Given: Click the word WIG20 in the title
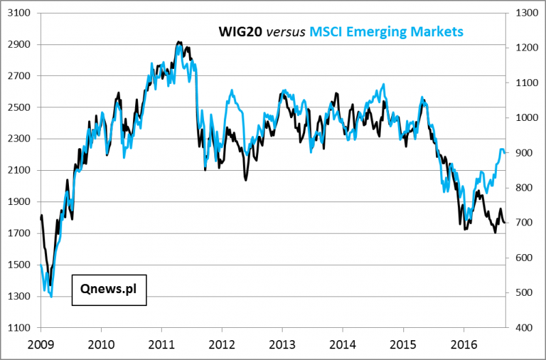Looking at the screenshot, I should (x=240, y=31).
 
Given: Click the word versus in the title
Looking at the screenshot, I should (x=285, y=31).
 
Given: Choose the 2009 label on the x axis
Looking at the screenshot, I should (x=40, y=343).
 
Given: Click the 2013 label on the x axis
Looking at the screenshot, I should (x=283, y=343).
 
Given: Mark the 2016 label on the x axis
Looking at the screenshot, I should (x=464, y=343).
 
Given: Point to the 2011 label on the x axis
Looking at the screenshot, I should (x=161, y=343).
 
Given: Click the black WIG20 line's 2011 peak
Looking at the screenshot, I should (x=179, y=42).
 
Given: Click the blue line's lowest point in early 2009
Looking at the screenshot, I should (x=52, y=296).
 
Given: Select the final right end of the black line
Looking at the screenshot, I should (x=506, y=223).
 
